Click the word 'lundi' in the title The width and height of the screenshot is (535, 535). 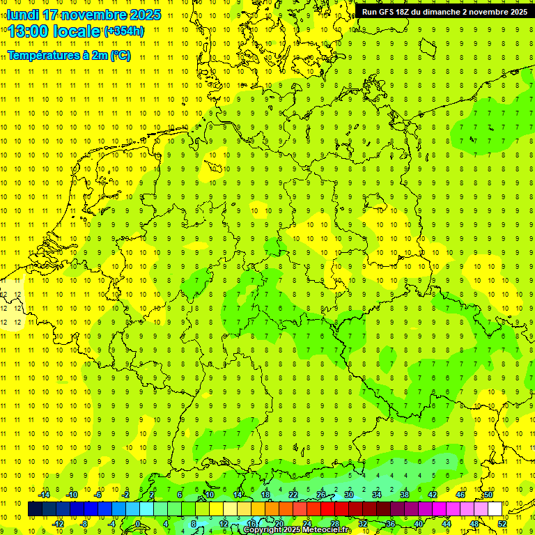coord(23,15)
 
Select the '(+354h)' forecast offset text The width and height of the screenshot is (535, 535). coord(124,31)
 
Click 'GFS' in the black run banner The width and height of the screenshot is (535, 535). coord(387,12)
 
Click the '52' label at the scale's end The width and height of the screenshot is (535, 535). coord(502,523)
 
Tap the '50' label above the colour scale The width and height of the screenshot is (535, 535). coord(488,495)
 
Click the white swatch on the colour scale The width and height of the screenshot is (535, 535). coord(495,509)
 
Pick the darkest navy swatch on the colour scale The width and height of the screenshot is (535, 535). coord(35,509)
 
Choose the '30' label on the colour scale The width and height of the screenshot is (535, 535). coord(348,495)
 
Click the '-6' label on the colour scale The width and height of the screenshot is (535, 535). coord(99,495)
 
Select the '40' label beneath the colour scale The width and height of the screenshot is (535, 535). coord(419,523)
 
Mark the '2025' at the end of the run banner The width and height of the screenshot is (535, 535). coord(516,12)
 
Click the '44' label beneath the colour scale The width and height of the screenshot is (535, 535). coord(447,523)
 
